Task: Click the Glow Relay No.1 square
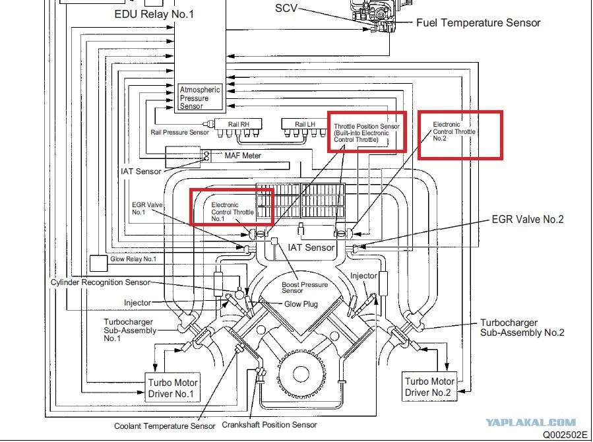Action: tap(98, 263)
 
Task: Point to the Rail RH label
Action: tap(239, 124)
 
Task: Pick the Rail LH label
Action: tap(305, 124)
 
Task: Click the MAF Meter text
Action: tap(243, 156)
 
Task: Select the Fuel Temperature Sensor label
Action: tap(478, 22)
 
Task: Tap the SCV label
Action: tap(286, 9)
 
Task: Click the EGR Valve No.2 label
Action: tap(528, 219)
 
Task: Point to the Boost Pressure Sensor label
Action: tap(305, 288)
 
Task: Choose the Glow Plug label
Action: tap(301, 304)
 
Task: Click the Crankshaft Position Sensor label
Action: tap(269, 425)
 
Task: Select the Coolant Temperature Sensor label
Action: tap(164, 426)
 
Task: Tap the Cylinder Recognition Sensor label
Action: tap(100, 282)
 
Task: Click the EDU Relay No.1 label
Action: tap(154, 15)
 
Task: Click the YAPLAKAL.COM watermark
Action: tap(530, 423)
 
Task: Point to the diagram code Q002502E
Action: tap(565, 435)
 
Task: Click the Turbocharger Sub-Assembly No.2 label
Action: tap(522, 327)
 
